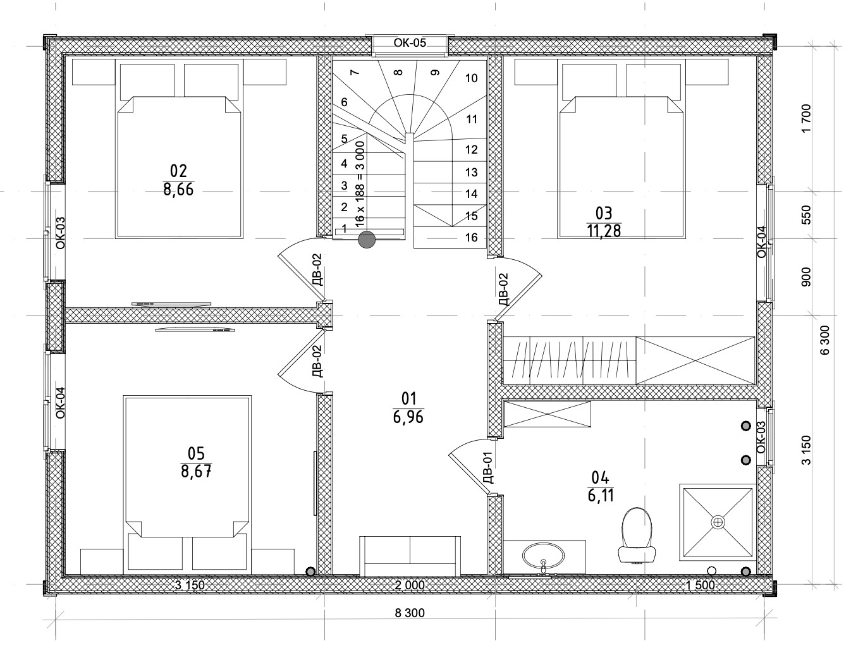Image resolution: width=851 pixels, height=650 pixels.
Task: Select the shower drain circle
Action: [718, 522]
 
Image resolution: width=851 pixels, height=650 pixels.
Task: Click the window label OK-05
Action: [410, 42]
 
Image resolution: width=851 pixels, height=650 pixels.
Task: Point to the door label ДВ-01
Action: [489, 467]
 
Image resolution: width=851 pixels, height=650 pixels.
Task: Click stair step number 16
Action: [472, 237]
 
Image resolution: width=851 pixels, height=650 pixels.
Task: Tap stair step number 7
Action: [354, 71]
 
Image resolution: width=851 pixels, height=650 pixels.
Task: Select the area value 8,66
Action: [178, 190]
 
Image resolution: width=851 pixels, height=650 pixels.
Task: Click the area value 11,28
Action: [604, 231]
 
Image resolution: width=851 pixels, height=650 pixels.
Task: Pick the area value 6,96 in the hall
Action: [408, 417]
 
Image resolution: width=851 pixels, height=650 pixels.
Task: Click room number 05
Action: [196, 453]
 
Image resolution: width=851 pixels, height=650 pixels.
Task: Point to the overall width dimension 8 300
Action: [410, 613]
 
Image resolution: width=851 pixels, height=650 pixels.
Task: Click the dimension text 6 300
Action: [824, 340]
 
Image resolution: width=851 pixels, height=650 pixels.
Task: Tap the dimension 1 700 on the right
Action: [806, 119]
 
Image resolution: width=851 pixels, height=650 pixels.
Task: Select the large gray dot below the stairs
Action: [366, 240]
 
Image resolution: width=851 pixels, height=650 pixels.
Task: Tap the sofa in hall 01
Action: [410, 556]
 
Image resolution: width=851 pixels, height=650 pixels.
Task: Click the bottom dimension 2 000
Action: [410, 586]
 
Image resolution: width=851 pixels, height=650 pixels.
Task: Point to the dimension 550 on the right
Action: [806, 215]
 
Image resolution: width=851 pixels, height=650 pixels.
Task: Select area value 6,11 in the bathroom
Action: [601, 495]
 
